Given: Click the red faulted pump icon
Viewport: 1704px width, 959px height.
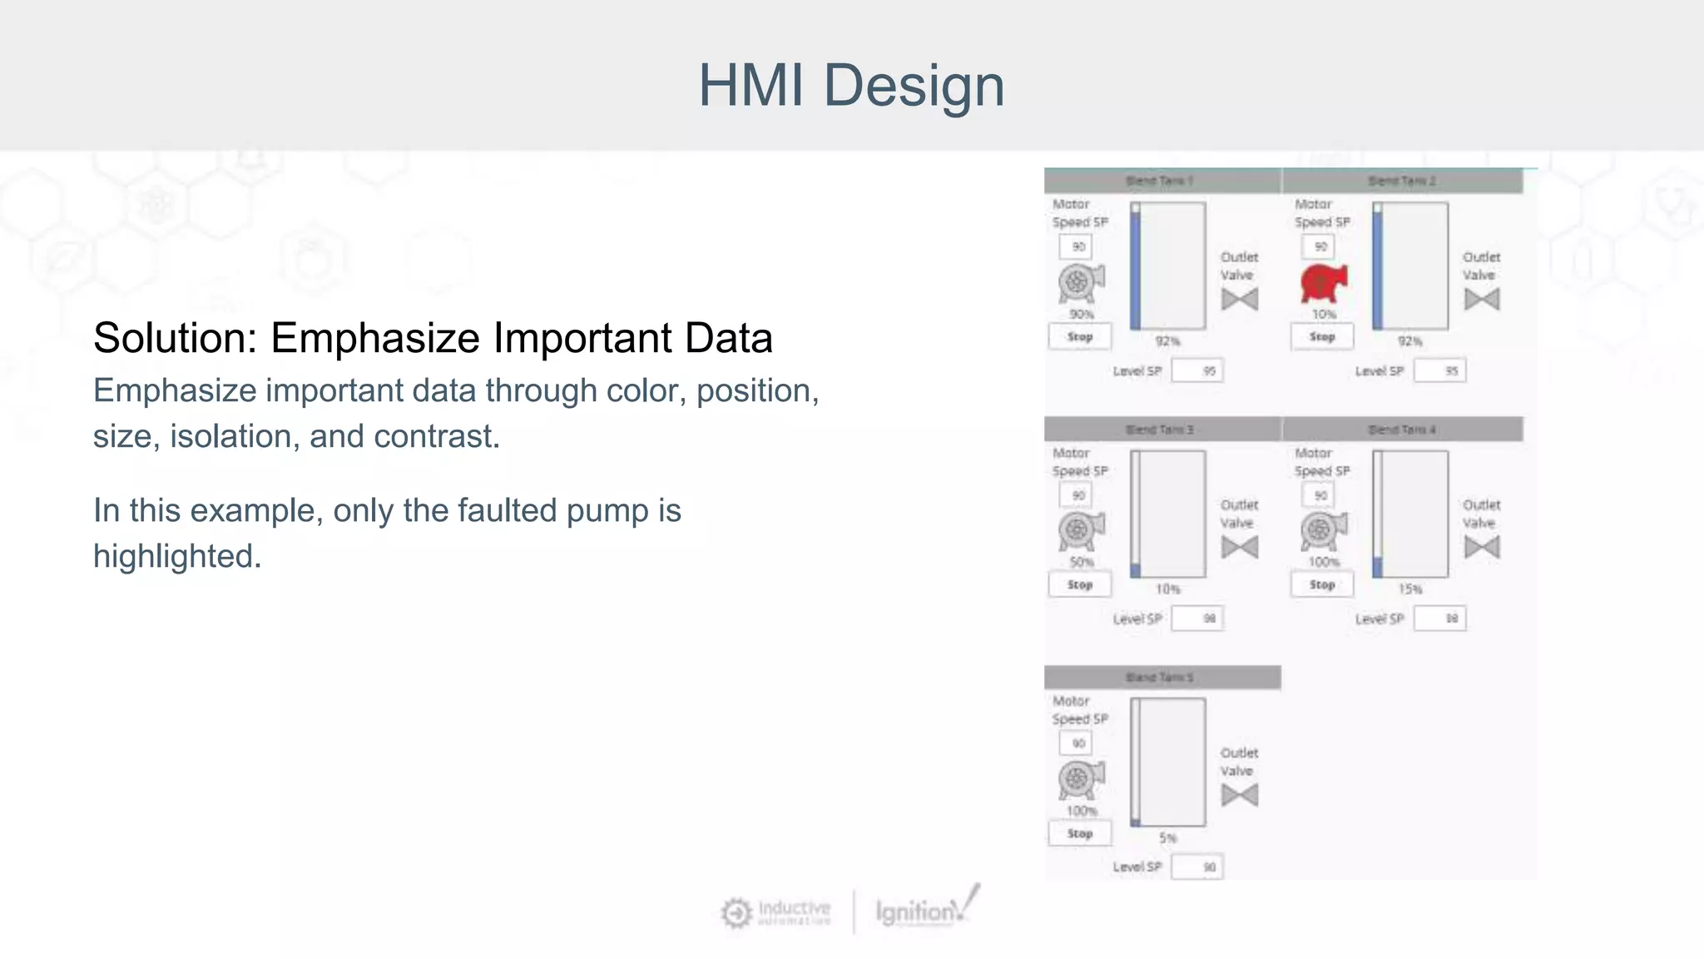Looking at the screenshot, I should [1323, 283].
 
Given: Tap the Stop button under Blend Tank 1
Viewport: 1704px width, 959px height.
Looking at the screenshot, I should [1079, 337].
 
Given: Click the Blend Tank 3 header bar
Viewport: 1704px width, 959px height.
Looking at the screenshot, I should [1162, 430].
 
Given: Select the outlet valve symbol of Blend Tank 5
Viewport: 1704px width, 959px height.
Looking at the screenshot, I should [1240, 795].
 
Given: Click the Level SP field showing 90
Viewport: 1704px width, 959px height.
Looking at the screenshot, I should [1197, 867].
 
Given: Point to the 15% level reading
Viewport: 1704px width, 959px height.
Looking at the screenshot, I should [1410, 589].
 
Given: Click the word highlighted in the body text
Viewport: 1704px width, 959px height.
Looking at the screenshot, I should [177, 556].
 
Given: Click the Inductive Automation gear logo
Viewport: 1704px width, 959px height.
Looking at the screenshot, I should [736, 913].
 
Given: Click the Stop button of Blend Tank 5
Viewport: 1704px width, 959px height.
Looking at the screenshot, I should [1079, 833].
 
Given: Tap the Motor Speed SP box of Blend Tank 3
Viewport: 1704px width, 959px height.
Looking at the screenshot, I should [1077, 495].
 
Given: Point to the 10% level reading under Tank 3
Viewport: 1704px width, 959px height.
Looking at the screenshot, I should [1167, 589].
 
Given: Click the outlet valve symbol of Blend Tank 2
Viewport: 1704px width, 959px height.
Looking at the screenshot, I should [1482, 299].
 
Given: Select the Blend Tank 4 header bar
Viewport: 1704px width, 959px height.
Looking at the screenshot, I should [1403, 430].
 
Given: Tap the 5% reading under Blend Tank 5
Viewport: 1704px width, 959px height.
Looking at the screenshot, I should [1168, 837].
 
